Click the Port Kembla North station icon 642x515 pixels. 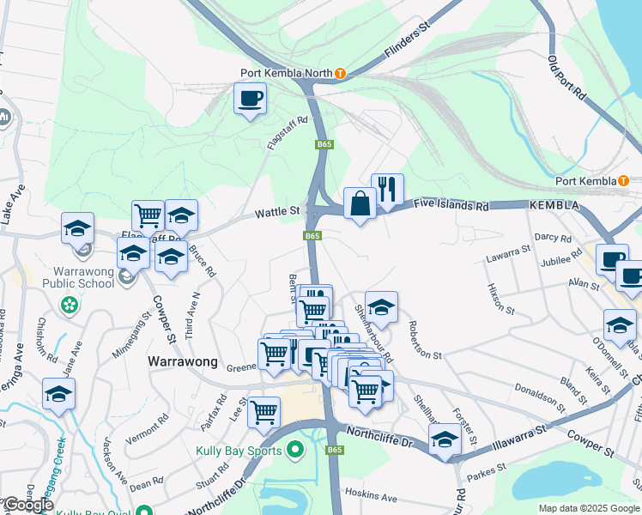coord(340,74)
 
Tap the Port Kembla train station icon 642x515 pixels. coord(623,181)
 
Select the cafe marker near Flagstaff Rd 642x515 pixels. coord(250,99)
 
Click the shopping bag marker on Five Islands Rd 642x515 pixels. coord(359,204)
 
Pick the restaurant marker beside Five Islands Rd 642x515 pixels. coord(387,190)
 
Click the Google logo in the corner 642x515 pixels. coord(28,505)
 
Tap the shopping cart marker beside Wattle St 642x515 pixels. coord(148,215)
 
